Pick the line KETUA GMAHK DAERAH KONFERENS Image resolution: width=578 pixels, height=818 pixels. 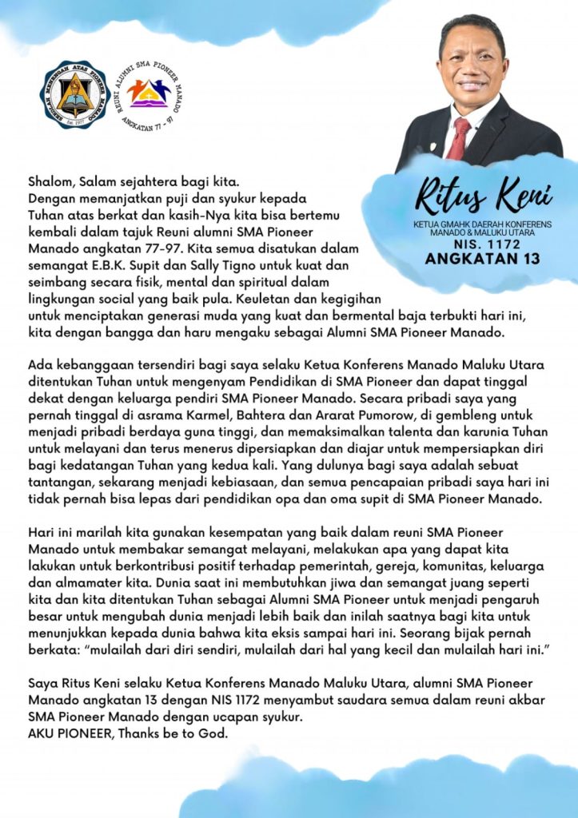coord(481,224)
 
